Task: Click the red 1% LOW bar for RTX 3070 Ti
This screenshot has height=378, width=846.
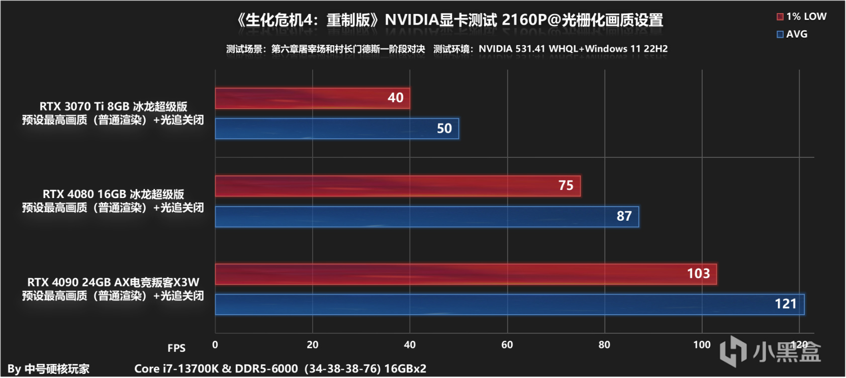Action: point(312,98)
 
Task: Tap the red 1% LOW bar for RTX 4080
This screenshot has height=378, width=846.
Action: point(397,186)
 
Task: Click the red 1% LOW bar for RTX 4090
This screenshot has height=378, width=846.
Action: point(465,274)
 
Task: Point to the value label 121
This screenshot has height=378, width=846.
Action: point(785,304)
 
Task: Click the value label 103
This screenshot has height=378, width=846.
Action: point(698,273)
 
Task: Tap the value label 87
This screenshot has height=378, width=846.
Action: point(624,216)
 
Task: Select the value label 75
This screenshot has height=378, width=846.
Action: point(566,185)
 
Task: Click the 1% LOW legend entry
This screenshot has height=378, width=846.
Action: point(801,17)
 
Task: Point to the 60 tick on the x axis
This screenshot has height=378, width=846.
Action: point(507,345)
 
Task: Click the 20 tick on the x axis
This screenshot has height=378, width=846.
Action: point(312,345)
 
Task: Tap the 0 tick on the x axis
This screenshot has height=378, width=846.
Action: point(215,345)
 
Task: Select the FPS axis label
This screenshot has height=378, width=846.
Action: point(176,348)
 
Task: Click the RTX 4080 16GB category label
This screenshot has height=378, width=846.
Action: point(113,195)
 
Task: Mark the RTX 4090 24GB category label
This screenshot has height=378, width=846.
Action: point(113,282)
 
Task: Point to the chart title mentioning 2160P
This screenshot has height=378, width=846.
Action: point(449,20)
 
